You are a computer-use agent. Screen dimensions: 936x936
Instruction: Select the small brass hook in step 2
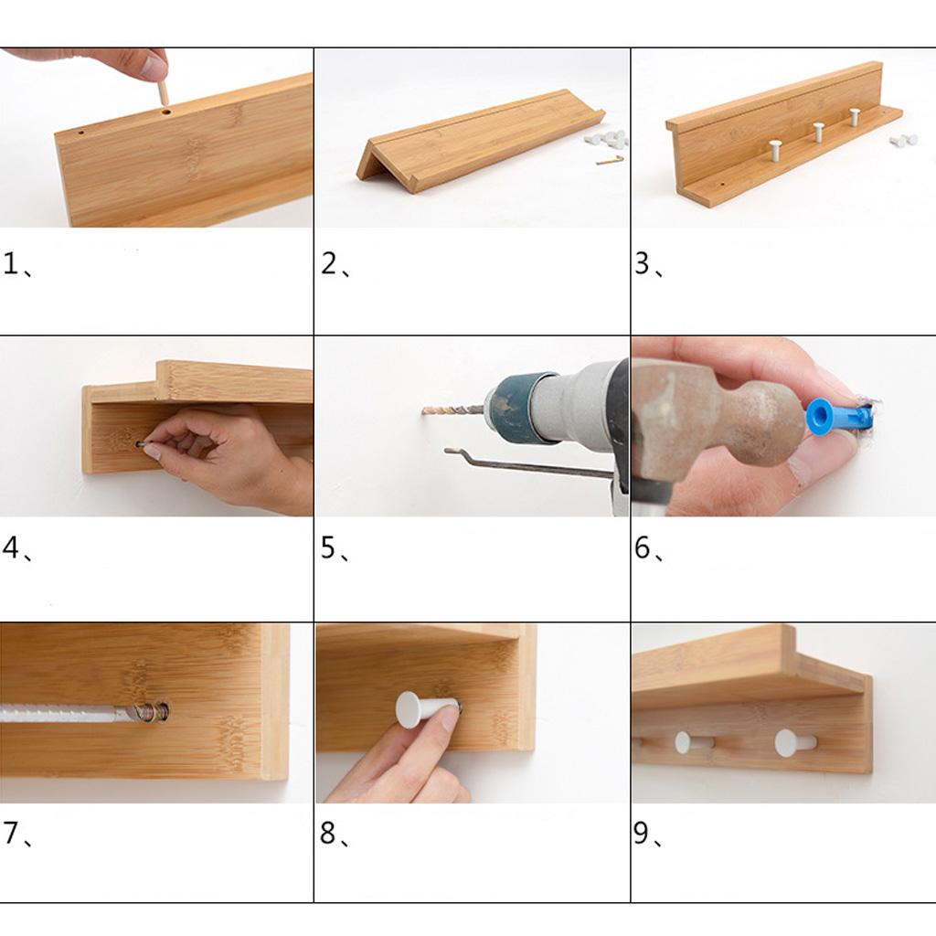[x=610, y=160]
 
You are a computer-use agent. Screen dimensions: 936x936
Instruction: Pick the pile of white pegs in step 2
[x=606, y=139]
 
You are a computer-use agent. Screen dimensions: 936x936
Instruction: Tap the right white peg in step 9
[x=795, y=742]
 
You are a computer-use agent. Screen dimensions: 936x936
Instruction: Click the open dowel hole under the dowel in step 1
[x=166, y=112]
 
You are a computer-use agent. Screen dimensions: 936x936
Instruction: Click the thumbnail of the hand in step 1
[x=155, y=67]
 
